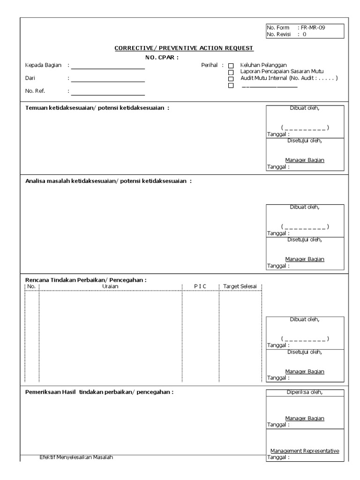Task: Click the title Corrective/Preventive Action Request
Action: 184,48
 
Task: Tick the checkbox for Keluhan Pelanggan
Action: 231,66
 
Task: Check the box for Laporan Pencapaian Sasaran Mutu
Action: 231,73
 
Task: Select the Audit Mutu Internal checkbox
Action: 231,79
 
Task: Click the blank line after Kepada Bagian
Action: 108,68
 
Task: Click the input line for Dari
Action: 108,82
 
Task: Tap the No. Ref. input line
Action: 108,95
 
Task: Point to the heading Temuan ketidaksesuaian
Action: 97,108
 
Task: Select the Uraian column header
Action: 110,286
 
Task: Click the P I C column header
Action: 200,286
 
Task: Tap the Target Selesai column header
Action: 240,286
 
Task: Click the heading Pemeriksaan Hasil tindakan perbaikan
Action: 99,392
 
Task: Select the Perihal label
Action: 210,65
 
